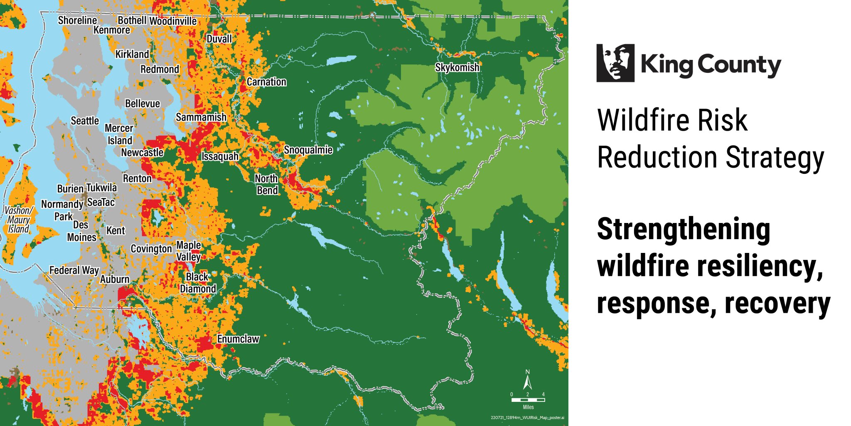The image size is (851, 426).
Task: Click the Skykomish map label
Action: click(x=457, y=67)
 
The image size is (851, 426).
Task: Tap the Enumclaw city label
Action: click(x=238, y=339)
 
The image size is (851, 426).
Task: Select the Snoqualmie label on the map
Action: click(x=308, y=150)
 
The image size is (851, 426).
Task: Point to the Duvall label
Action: click(x=219, y=39)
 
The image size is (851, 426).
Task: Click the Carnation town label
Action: click(x=266, y=82)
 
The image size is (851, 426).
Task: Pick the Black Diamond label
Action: click(x=198, y=283)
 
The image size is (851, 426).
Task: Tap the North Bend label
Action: click(x=267, y=184)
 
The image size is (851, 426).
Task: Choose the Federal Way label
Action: click(x=74, y=270)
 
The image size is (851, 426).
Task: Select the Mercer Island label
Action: click(x=119, y=134)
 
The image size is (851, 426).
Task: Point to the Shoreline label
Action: click(x=77, y=20)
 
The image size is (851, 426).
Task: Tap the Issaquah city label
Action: click(x=220, y=156)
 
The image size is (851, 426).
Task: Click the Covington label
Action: click(x=151, y=249)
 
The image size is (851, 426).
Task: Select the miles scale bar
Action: click(x=528, y=400)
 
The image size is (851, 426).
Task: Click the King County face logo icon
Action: click(x=615, y=63)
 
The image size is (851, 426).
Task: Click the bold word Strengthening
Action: click(x=684, y=230)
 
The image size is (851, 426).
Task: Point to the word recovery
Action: click(x=777, y=304)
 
